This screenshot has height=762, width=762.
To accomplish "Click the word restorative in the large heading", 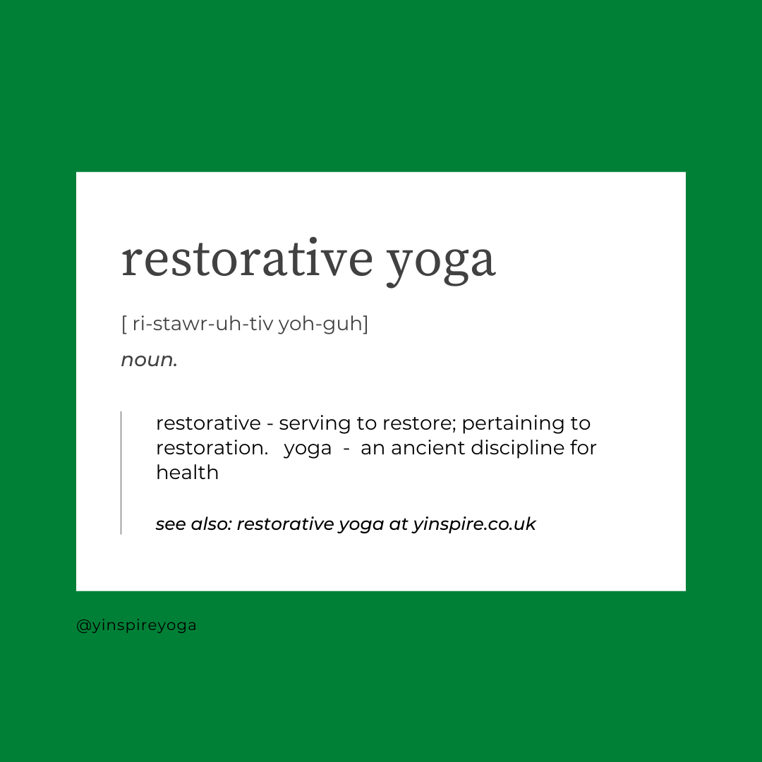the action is point(247,258).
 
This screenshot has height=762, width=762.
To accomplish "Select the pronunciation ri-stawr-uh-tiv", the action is point(202,323).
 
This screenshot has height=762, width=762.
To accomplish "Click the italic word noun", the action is point(149,360).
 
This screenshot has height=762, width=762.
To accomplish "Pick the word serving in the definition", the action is point(315,424).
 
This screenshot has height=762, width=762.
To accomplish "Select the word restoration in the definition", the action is point(212,447).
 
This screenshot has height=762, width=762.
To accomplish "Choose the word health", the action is point(187,472).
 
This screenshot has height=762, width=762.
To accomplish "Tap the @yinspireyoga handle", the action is point(137,625).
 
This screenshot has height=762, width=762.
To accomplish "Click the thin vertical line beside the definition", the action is point(121,473).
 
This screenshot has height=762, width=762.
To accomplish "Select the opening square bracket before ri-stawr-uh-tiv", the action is point(124,324).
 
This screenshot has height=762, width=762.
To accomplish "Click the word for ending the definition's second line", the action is point(583,447).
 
